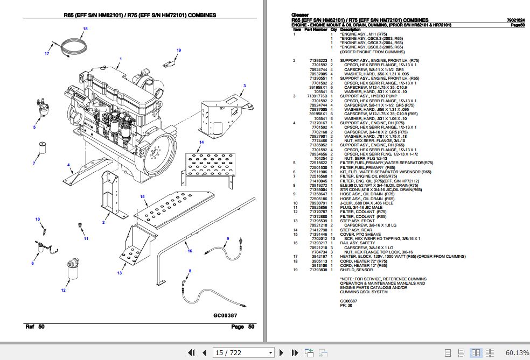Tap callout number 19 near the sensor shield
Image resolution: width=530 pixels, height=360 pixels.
[179, 50]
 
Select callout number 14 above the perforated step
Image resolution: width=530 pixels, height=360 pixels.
[201, 142]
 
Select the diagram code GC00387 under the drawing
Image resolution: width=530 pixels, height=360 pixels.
[225, 315]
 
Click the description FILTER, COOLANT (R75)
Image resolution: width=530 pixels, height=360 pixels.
[362, 211]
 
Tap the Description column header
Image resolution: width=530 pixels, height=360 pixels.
[351, 30]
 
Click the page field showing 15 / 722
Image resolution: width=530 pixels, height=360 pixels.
[242, 352]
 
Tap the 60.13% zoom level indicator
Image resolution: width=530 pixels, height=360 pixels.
[516, 352]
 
